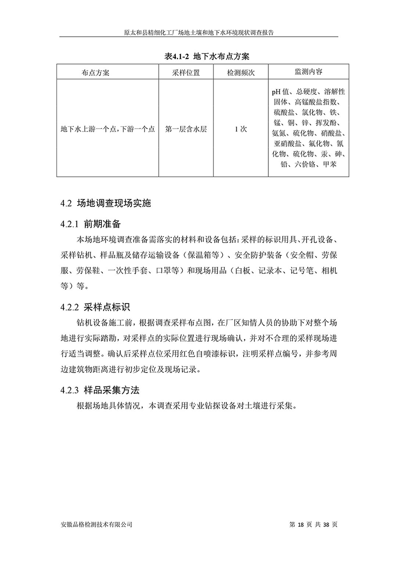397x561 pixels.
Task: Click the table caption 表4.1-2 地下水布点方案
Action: (x=199, y=57)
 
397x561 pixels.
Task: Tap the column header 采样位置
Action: (x=186, y=72)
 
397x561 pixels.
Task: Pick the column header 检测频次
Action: (x=241, y=72)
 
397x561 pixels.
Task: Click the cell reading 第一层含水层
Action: (x=186, y=128)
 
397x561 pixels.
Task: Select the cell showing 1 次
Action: (x=241, y=128)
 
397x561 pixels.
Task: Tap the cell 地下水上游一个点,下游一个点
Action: (x=107, y=128)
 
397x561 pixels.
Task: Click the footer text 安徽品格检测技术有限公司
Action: (x=95, y=524)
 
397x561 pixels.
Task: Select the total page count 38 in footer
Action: (x=326, y=524)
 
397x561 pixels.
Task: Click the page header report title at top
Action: (x=199, y=31)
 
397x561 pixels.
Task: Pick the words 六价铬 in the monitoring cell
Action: (x=306, y=164)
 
